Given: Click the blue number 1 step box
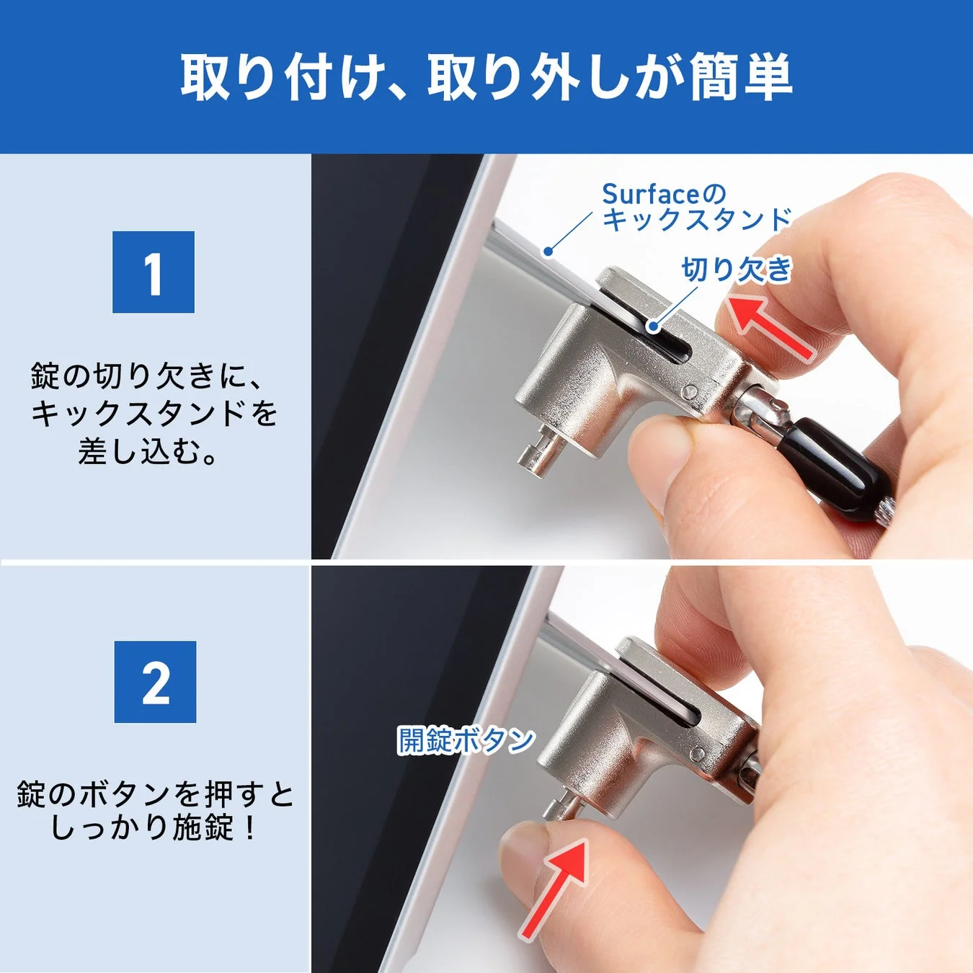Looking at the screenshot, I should point(154,272).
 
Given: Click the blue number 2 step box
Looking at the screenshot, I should point(155,682).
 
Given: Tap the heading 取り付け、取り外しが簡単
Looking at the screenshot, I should point(487,76).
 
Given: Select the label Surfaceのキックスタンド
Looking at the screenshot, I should point(696,208).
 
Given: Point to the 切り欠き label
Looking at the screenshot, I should point(736,270).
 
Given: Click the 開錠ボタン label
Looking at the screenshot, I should point(466,740).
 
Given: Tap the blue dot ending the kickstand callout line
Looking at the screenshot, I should point(548,252).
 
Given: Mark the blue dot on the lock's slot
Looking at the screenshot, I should point(653,326).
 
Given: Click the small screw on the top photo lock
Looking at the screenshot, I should point(690,391).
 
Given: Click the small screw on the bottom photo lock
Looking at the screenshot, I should point(697,755).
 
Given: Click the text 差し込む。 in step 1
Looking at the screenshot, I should point(148,453).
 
